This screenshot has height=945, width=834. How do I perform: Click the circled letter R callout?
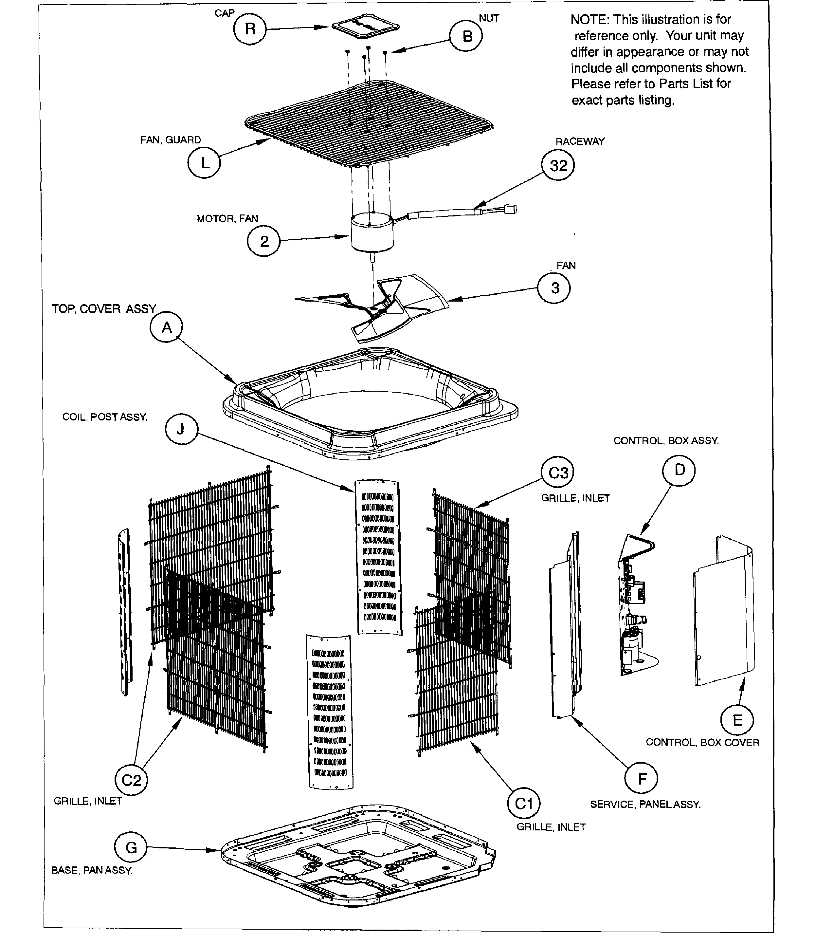click(x=250, y=29)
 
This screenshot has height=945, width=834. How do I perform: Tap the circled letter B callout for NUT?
click(x=467, y=36)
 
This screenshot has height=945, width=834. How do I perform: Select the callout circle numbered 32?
click(x=558, y=165)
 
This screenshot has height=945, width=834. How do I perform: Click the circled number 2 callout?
click(x=264, y=241)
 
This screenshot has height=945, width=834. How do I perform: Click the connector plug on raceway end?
click(x=511, y=210)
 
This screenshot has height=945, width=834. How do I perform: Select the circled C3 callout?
click(x=558, y=472)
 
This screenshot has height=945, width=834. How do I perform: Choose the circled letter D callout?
click(x=679, y=470)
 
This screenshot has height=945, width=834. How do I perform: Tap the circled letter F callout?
click(x=641, y=779)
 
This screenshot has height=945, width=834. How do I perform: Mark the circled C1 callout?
click(x=523, y=804)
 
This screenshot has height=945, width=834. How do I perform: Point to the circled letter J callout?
click(x=181, y=429)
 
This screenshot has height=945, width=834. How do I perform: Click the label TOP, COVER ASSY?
click(x=103, y=309)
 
